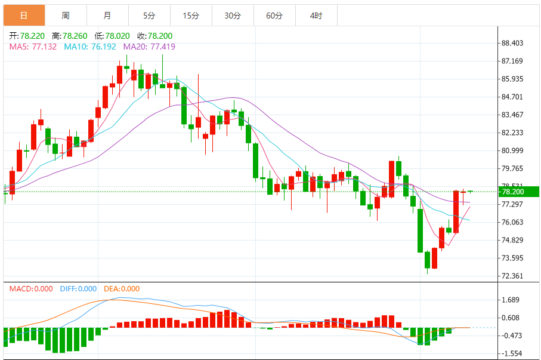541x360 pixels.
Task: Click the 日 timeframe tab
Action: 23,16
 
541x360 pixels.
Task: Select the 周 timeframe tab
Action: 65,16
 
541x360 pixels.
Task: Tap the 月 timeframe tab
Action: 107,16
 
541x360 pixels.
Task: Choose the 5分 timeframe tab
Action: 149,16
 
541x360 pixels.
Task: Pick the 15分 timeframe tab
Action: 191,16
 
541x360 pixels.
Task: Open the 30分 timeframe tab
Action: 233,16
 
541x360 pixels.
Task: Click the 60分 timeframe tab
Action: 274,16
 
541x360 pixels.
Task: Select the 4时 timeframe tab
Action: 316,16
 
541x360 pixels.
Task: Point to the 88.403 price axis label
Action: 512,43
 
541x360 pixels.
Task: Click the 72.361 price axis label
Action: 512,276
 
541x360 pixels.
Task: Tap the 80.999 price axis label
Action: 512,150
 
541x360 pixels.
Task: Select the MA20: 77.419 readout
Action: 149,46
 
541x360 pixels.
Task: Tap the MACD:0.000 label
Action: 31,289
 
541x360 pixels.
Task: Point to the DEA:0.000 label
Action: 122,289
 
